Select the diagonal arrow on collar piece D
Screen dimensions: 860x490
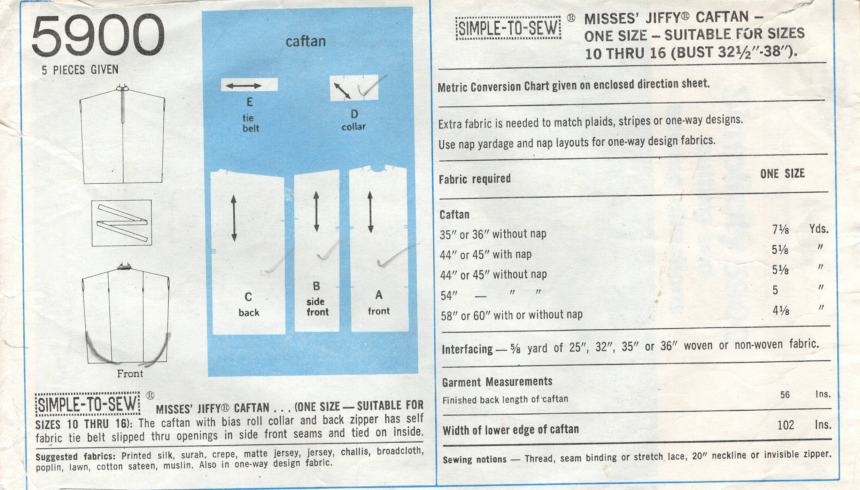(x=342, y=91)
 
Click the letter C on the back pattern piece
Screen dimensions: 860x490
(x=248, y=297)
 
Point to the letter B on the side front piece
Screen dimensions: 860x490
(x=316, y=286)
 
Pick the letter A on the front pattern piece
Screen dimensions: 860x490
(x=379, y=295)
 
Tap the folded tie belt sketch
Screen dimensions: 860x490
(x=122, y=223)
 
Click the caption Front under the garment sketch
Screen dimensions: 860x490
(x=130, y=374)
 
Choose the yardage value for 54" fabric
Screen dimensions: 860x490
(x=775, y=290)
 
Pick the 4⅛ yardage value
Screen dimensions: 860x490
(x=780, y=310)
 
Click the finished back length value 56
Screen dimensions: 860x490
(x=785, y=395)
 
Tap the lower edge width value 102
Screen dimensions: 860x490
(x=786, y=425)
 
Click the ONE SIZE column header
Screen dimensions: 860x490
(x=782, y=174)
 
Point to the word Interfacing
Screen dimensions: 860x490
(x=467, y=349)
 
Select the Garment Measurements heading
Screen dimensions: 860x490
(x=497, y=382)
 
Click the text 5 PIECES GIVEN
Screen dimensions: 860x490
(x=80, y=70)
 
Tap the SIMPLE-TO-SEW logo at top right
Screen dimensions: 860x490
(x=508, y=28)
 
